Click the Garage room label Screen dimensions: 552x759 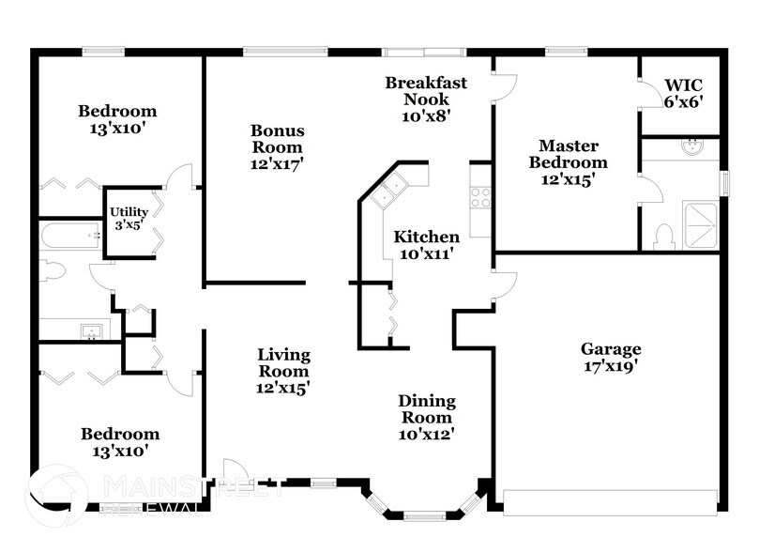(x=610, y=358)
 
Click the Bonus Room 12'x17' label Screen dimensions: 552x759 (x=277, y=146)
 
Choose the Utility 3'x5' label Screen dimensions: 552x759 (x=129, y=218)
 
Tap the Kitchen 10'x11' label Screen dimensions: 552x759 (x=426, y=244)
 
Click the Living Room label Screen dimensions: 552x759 (x=284, y=370)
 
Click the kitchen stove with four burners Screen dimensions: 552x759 (x=480, y=197)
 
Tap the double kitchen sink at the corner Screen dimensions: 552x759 (x=388, y=191)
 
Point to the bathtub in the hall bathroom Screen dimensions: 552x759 (x=70, y=235)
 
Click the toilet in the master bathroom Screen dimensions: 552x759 (x=663, y=236)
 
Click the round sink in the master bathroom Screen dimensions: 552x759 (x=692, y=146)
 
